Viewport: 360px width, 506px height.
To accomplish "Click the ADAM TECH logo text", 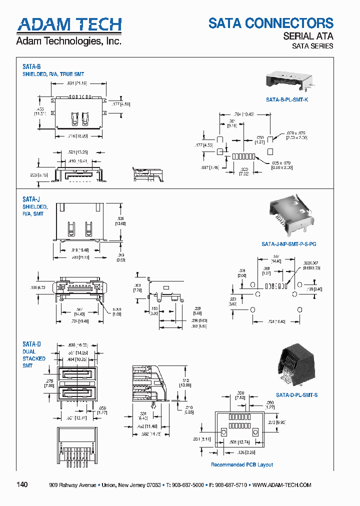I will click(69, 25).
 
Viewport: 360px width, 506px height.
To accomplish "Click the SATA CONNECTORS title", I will click(270, 23).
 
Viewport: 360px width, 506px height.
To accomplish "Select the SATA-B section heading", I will click(31, 66).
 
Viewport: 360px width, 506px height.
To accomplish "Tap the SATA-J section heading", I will click(31, 199).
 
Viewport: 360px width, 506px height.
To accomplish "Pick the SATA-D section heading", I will click(31, 344).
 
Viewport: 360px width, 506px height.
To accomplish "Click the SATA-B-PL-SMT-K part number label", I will click(287, 99).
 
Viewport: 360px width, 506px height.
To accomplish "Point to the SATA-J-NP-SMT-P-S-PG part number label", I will click(289, 244).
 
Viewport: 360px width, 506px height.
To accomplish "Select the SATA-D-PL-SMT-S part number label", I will click(297, 395).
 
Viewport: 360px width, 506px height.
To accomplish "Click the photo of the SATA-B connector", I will click(289, 80).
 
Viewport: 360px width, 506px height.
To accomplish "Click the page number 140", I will click(22, 484).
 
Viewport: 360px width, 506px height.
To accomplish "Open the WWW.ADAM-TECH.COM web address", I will click(282, 485).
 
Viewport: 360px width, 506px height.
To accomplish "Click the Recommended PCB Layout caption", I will click(242, 464).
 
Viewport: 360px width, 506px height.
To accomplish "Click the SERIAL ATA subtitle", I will click(308, 36).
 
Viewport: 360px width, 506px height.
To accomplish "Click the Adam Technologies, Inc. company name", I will click(69, 41).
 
